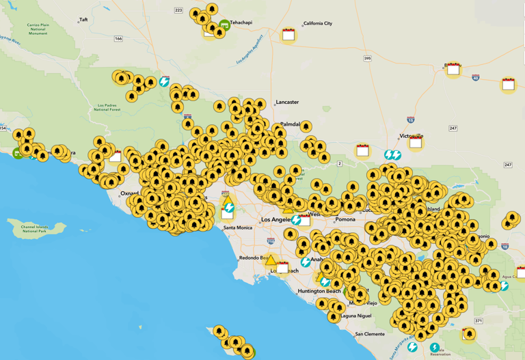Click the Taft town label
click(x=83, y=20)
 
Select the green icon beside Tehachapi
click(x=224, y=25)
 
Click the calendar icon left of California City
click(x=288, y=34)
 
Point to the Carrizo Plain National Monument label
click(x=38, y=29)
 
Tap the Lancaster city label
click(x=287, y=102)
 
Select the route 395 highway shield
click(x=368, y=59)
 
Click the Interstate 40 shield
click(x=476, y=78)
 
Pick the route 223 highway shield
click(x=178, y=10)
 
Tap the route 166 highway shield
click(x=118, y=39)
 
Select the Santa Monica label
click(x=238, y=227)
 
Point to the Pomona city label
click(x=345, y=220)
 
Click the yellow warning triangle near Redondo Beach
click(x=271, y=260)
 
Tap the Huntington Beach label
click(x=319, y=291)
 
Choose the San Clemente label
click(x=370, y=334)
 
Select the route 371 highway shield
click(x=479, y=321)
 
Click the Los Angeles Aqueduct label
click(x=250, y=51)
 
